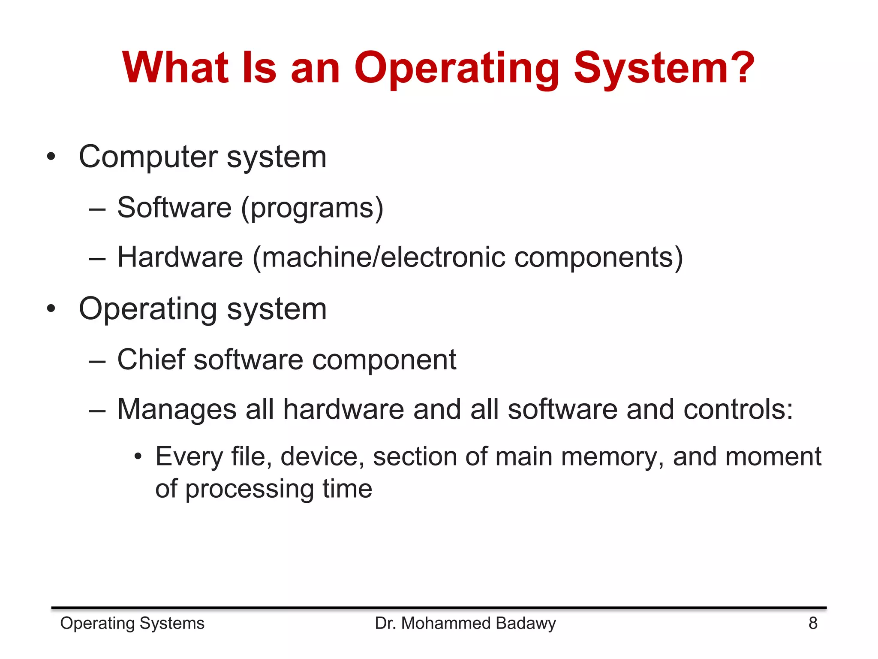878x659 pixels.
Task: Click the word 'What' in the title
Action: pyautogui.click(x=175, y=67)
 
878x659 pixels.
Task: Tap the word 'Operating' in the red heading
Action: pyautogui.click(x=457, y=69)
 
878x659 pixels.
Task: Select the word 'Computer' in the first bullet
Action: pyautogui.click(x=148, y=157)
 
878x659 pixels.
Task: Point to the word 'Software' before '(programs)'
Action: pyautogui.click(x=174, y=208)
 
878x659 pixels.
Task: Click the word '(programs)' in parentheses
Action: pyautogui.click(x=312, y=209)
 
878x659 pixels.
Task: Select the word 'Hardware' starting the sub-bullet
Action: pyautogui.click(x=180, y=257)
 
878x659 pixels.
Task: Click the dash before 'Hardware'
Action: pyautogui.click(x=97, y=258)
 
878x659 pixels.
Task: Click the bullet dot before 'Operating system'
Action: pyautogui.click(x=51, y=308)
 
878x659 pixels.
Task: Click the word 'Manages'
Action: pyautogui.click(x=177, y=410)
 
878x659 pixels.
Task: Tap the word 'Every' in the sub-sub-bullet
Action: pyautogui.click(x=189, y=456)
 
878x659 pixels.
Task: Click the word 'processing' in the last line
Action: pyautogui.click(x=249, y=489)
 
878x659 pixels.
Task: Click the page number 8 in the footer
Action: pyautogui.click(x=813, y=623)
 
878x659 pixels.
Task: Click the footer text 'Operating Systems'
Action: pyautogui.click(x=132, y=623)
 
